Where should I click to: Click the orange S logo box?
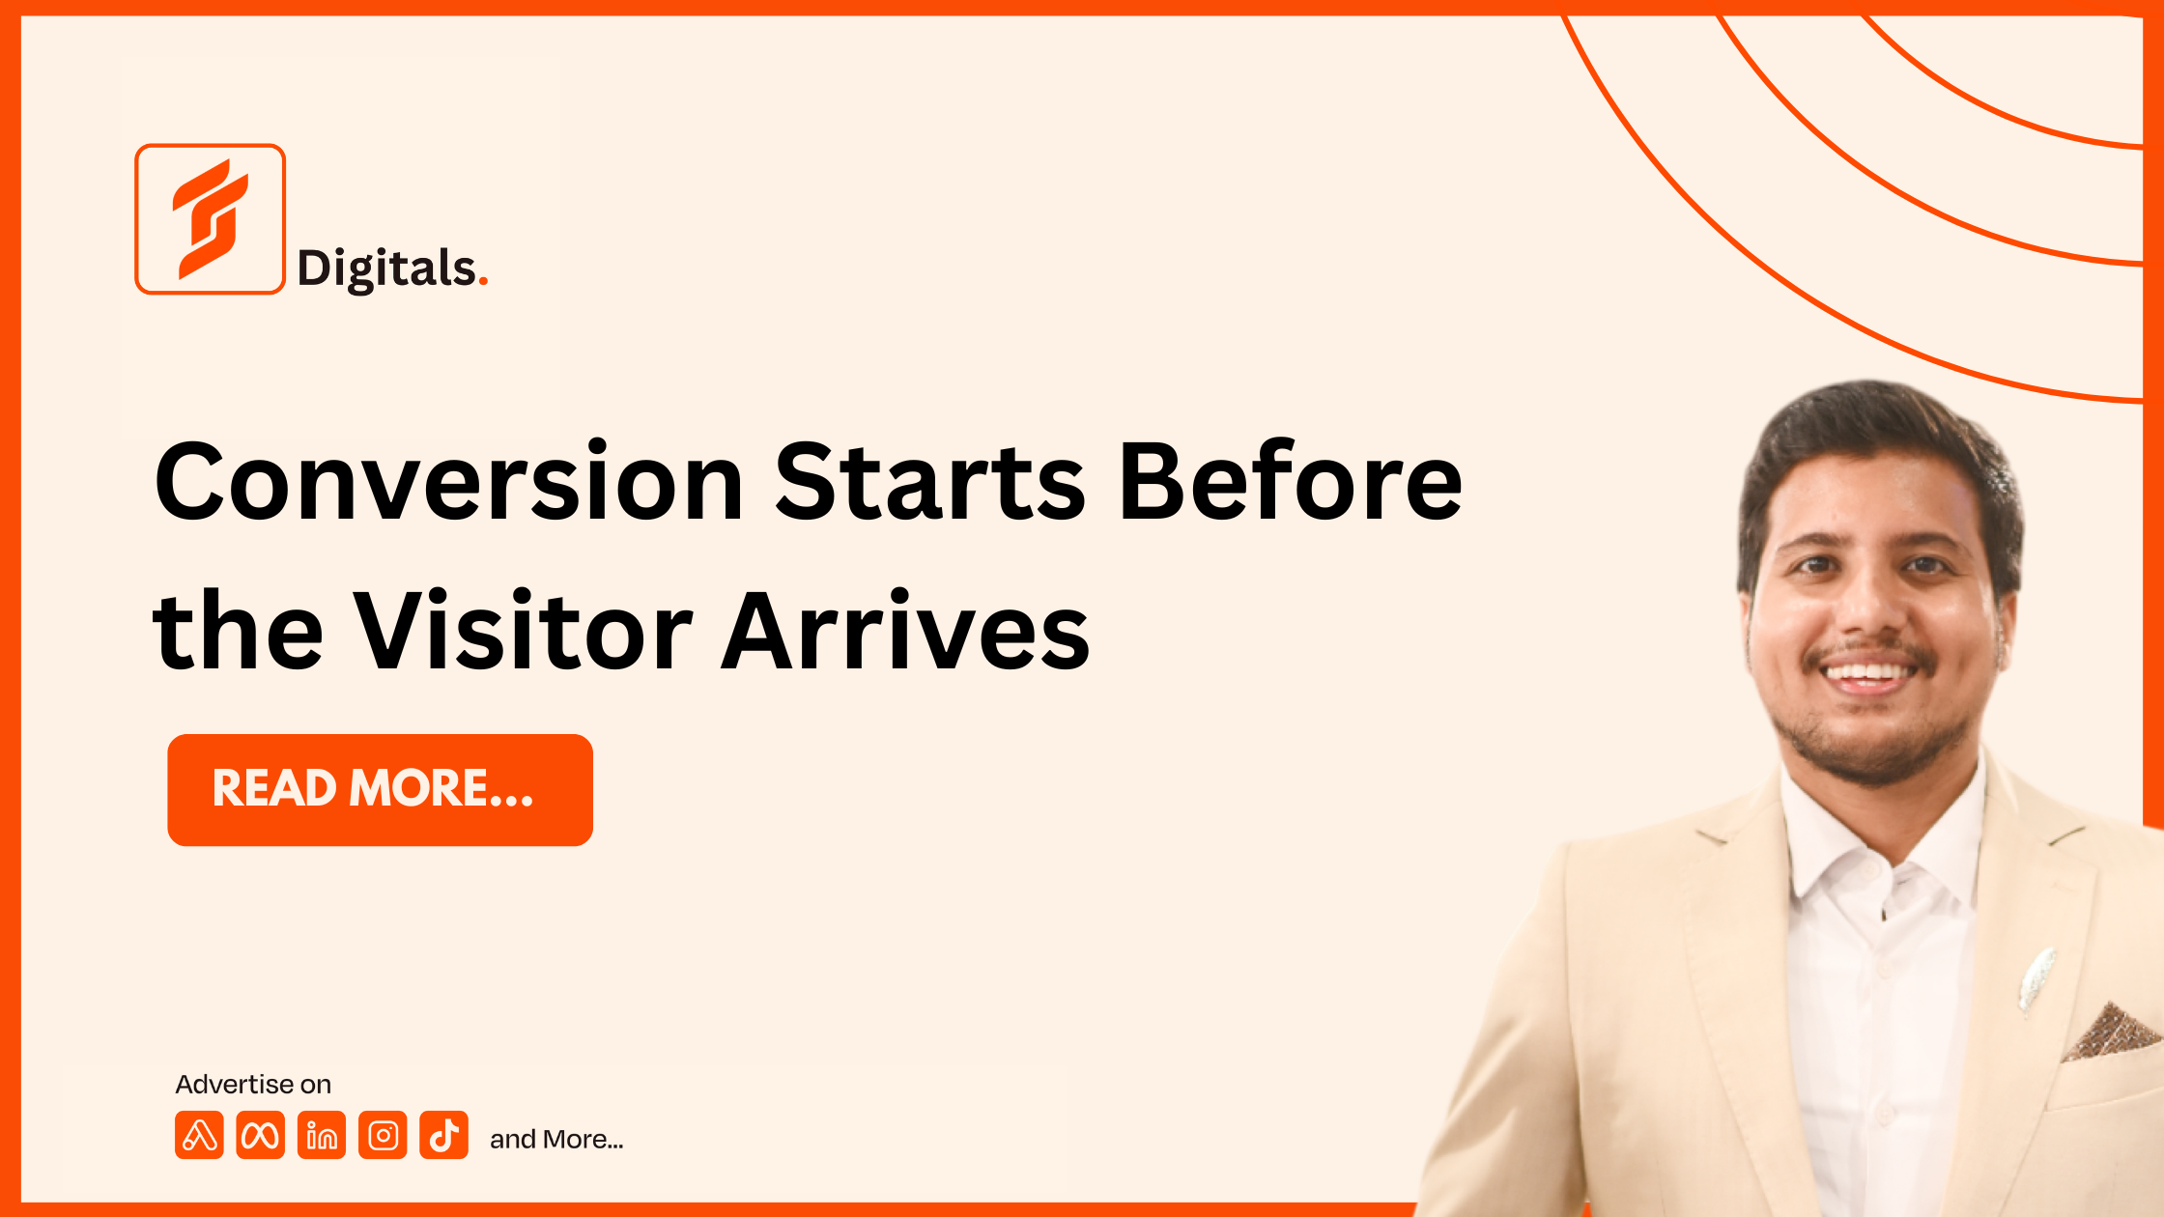click(210, 218)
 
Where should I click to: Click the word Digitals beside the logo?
click(386, 269)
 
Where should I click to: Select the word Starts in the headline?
click(930, 481)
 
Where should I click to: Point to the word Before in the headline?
click(1291, 481)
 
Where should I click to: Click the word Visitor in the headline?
click(523, 630)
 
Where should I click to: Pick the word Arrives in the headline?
click(906, 630)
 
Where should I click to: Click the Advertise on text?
click(253, 1085)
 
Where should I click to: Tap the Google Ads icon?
click(199, 1135)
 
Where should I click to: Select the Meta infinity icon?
click(260, 1135)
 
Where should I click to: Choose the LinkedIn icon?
click(322, 1135)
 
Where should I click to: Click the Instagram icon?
click(383, 1135)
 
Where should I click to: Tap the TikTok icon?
click(444, 1135)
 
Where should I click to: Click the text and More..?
click(556, 1140)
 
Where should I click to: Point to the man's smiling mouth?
click(1869, 674)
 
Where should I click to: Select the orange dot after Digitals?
click(483, 282)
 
